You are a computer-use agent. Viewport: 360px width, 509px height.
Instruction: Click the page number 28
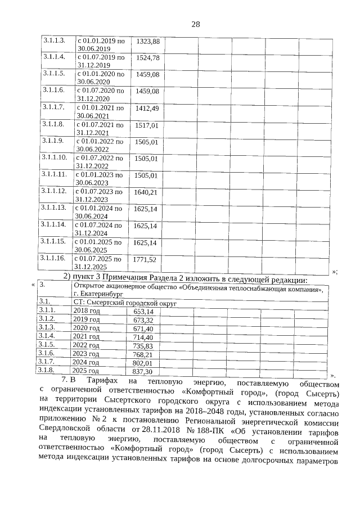coord(196,24)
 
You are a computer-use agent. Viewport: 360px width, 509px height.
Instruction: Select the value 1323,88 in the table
coord(148,42)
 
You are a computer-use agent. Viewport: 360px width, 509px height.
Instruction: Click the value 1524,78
coord(148,58)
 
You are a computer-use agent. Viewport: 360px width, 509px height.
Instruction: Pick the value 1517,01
coord(148,125)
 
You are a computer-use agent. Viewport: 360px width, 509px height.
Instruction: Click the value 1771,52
coord(145,259)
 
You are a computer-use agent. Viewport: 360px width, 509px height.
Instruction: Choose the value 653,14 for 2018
coord(143,311)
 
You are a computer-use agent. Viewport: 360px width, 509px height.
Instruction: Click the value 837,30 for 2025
coord(142,372)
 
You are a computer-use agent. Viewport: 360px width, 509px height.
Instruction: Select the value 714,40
coord(143,337)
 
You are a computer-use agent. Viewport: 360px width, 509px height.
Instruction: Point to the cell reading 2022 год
coord(87,345)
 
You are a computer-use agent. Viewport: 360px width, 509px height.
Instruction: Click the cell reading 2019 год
coord(87,319)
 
